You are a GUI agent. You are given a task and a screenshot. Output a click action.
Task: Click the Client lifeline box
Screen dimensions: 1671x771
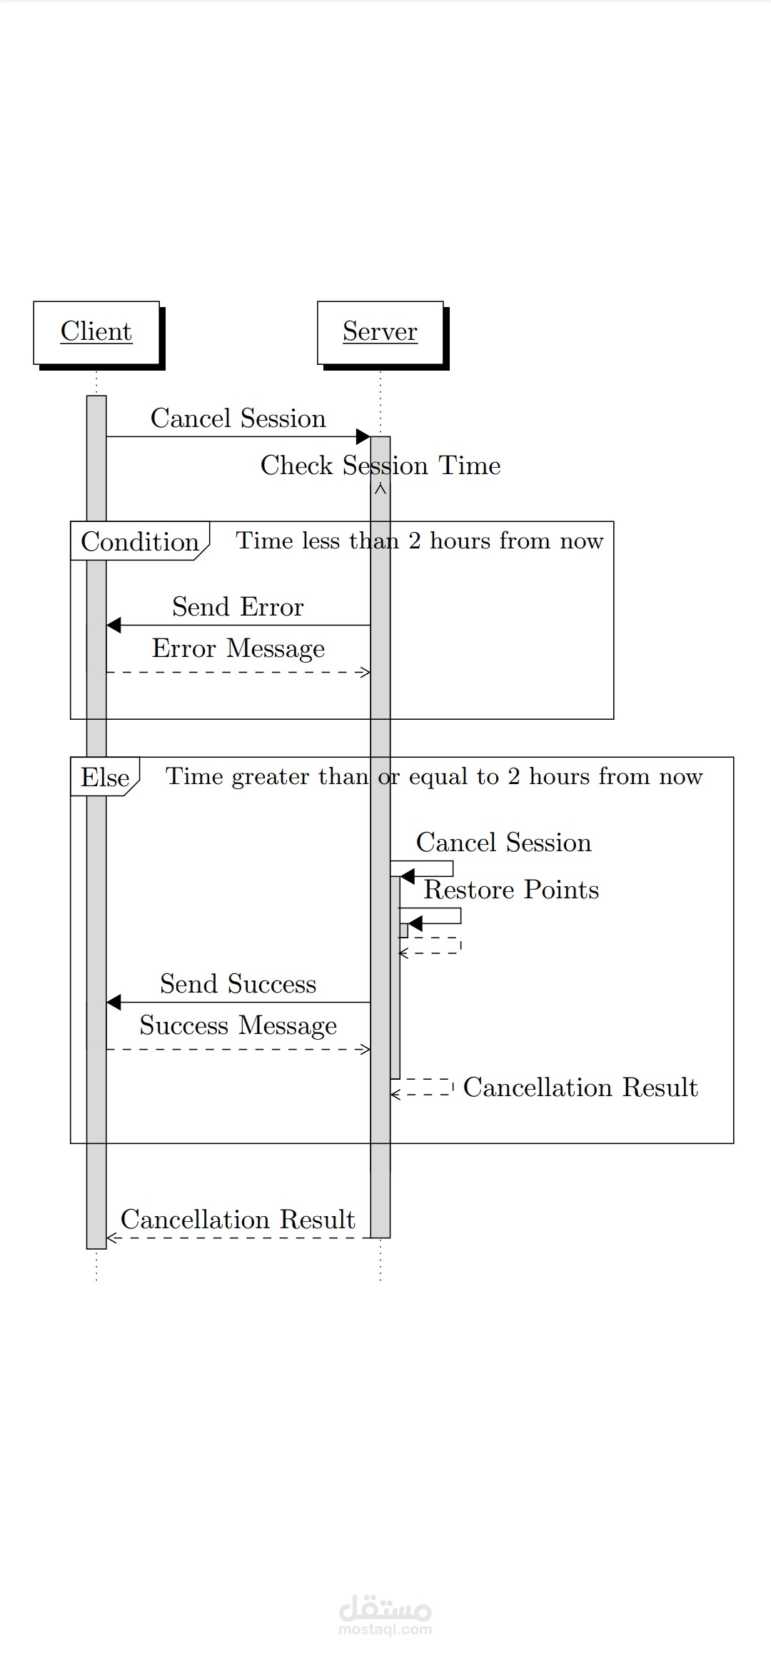pyautogui.click(x=96, y=332)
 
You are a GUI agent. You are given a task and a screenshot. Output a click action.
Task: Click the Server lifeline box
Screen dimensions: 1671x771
pyautogui.click(x=380, y=332)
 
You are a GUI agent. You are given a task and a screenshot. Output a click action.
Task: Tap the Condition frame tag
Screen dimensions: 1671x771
pyautogui.click(x=139, y=541)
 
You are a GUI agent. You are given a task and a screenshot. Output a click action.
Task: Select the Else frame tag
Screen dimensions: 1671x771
pyautogui.click(x=105, y=777)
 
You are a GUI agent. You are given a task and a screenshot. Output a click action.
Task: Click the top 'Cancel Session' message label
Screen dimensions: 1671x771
pyautogui.click(x=238, y=418)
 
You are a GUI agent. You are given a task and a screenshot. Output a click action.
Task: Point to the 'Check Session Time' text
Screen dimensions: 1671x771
pyautogui.click(x=380, y=466)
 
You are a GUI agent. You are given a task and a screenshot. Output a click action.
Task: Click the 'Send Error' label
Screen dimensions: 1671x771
pyautogui.click(x=238, y=607)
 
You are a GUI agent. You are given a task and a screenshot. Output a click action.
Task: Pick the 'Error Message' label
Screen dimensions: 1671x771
pyautogui.click(x=238, y=648)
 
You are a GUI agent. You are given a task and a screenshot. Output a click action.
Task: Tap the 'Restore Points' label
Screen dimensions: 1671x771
pyautogui.click(x=511, y=890)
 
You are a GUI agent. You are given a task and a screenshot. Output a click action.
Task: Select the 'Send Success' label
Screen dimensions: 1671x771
pyautogui.click(x=238, y=984)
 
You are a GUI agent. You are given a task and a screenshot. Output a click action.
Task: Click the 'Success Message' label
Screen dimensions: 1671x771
pyautogui.click(x=238, y=1025)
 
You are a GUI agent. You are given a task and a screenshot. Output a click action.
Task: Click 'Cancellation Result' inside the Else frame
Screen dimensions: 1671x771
pyautogui.click(x=580, y=1088)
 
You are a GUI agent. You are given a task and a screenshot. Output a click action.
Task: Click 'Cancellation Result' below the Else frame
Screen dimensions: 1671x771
pyautogui.click(x=238, y=1220)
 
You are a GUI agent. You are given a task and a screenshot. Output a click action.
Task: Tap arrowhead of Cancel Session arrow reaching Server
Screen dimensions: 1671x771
pyautogui.click(x=363, y=436)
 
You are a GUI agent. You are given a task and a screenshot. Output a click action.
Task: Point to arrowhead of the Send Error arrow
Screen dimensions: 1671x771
pyautogui.click(x=113, y=626)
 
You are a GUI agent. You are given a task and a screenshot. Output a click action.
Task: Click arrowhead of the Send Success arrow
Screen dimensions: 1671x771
pyautogui.click(x=113, y=1003)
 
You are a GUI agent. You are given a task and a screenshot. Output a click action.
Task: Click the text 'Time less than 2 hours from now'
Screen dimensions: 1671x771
pyautogui.click(x=420, y=541)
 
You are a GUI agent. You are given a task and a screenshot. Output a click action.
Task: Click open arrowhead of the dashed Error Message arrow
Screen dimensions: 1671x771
pyautogui.click(x=366, y=672)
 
